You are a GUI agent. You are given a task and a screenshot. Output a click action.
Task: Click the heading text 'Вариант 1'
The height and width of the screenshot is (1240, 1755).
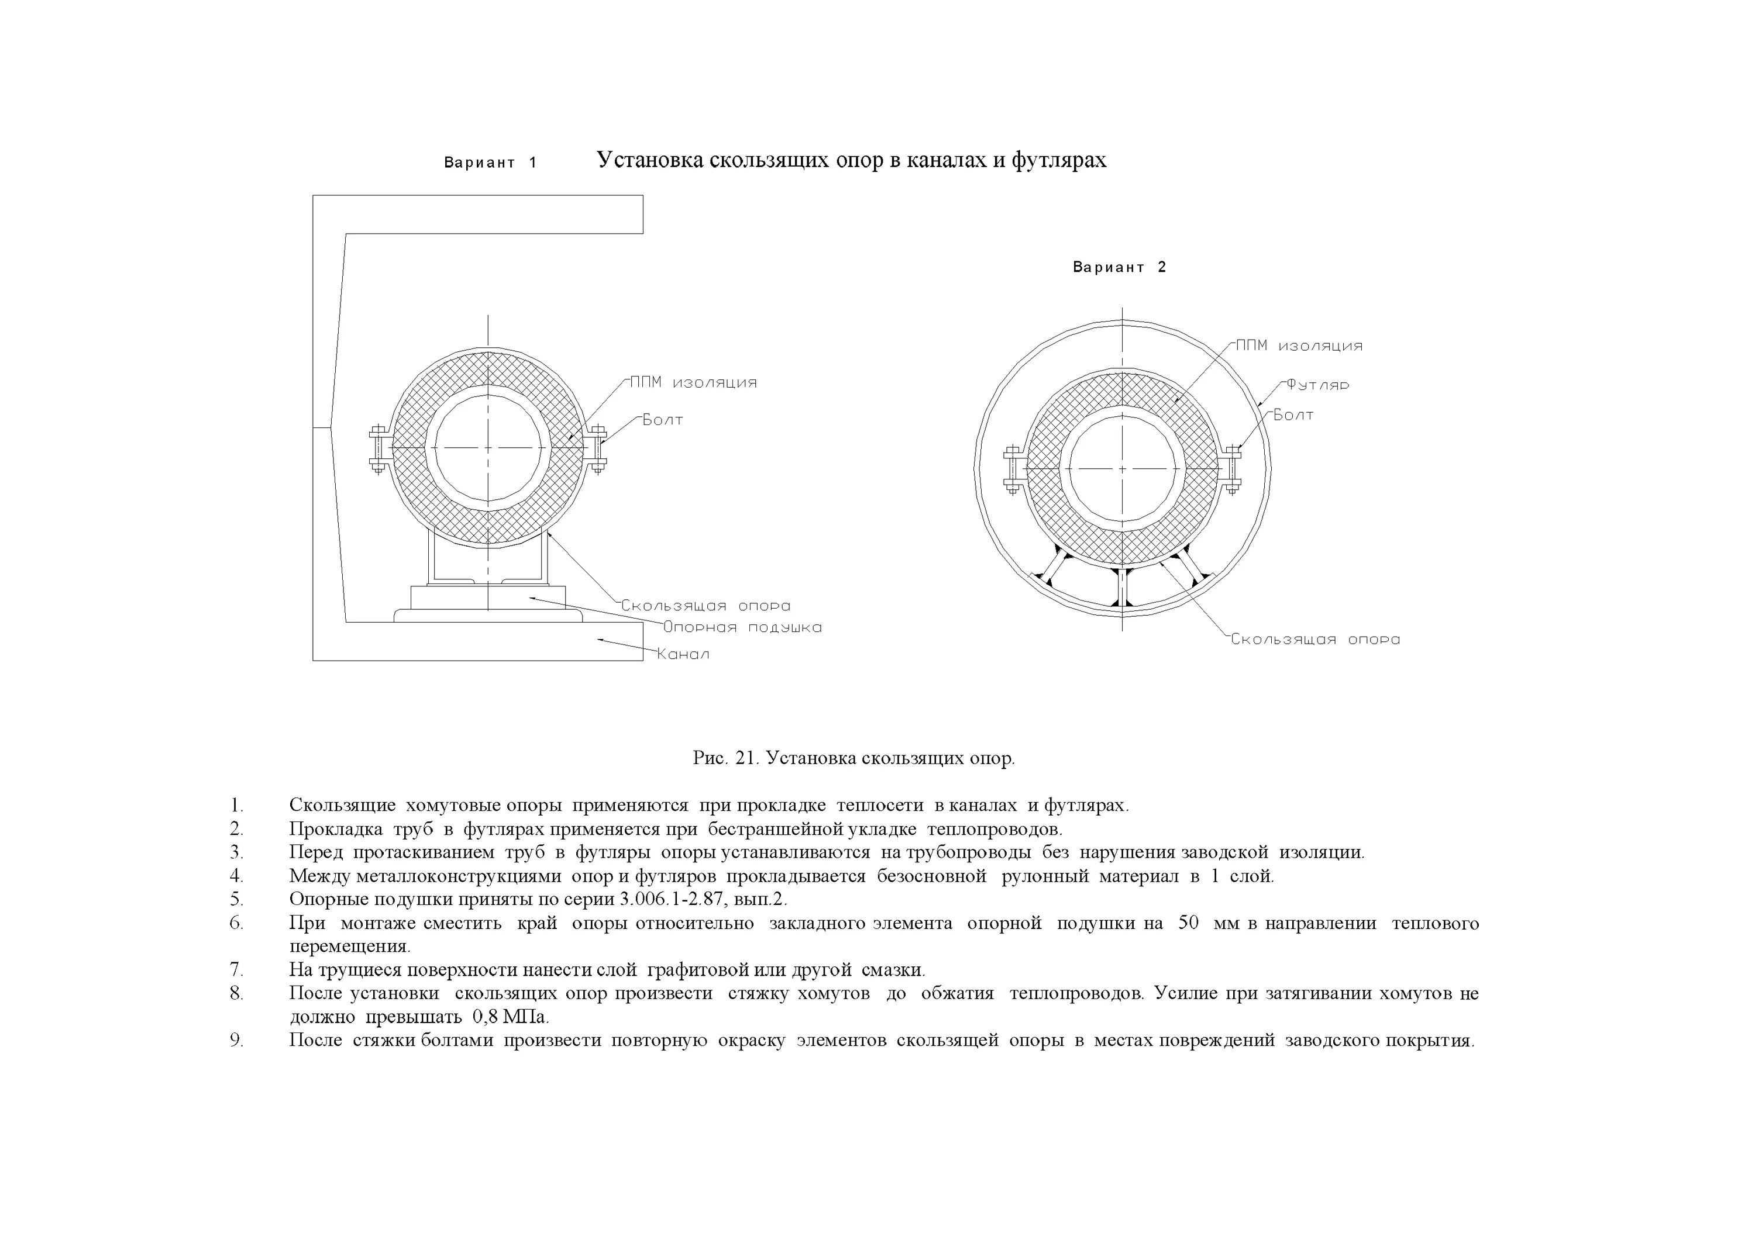tap(491, 163)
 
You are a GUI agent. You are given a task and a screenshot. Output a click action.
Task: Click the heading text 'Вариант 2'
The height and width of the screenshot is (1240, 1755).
tap(1119, 267)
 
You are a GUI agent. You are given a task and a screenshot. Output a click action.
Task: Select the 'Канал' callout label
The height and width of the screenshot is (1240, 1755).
tap(683, 654)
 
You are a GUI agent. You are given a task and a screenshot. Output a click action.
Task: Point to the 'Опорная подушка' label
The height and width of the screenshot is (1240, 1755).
tap(742, 627)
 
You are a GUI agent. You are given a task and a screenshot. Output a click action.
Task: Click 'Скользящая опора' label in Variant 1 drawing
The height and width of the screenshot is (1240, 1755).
tap(705, 606)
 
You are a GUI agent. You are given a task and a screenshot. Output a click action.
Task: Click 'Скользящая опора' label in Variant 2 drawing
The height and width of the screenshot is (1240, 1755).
tap(1314, 640)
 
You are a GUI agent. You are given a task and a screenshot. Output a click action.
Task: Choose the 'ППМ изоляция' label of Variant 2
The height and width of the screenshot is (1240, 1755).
tap(1299, 346)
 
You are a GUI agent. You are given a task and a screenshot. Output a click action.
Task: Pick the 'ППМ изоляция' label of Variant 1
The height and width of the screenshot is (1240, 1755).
tap(693, 383)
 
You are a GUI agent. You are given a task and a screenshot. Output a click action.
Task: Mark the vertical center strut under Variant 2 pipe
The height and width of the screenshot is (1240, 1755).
tap(1122, 587)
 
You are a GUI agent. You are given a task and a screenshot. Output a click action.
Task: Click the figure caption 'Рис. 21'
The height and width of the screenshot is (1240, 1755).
tap(724, 759)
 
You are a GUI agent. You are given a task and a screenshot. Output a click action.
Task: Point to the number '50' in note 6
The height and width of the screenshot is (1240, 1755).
tap(1188, 923)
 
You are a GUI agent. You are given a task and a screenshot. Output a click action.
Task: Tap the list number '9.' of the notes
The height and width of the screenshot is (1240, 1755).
tap(237, 1041)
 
